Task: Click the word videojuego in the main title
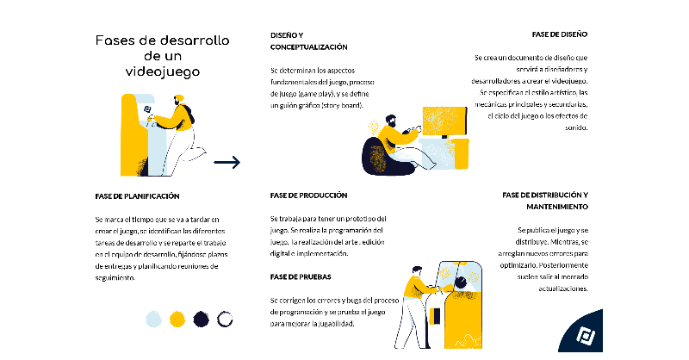pyautogui.click(x=161, y=71)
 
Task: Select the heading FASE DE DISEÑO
pyautogui.click(x=559, y=34)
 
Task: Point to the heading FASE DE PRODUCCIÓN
pyautogui.click(x=308, y=196)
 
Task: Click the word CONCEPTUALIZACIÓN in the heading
pyautogui.click(x=308, y=47)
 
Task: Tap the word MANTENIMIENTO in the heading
pyautogui.click(x=556, y=208)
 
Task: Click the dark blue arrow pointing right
pyautogui.click(x=227, y=162)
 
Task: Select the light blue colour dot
pyautogui.click(x=153, y=320)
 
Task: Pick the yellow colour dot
pyautogui.click(x=177, y=320)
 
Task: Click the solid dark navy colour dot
pyautogui.click(x=202, y=320)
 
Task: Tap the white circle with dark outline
pyautogui.click(x=226, y=320)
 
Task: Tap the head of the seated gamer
pyautogui.click(x=389, y=121)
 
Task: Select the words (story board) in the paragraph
pyautogui.click(x=339, y=105)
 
